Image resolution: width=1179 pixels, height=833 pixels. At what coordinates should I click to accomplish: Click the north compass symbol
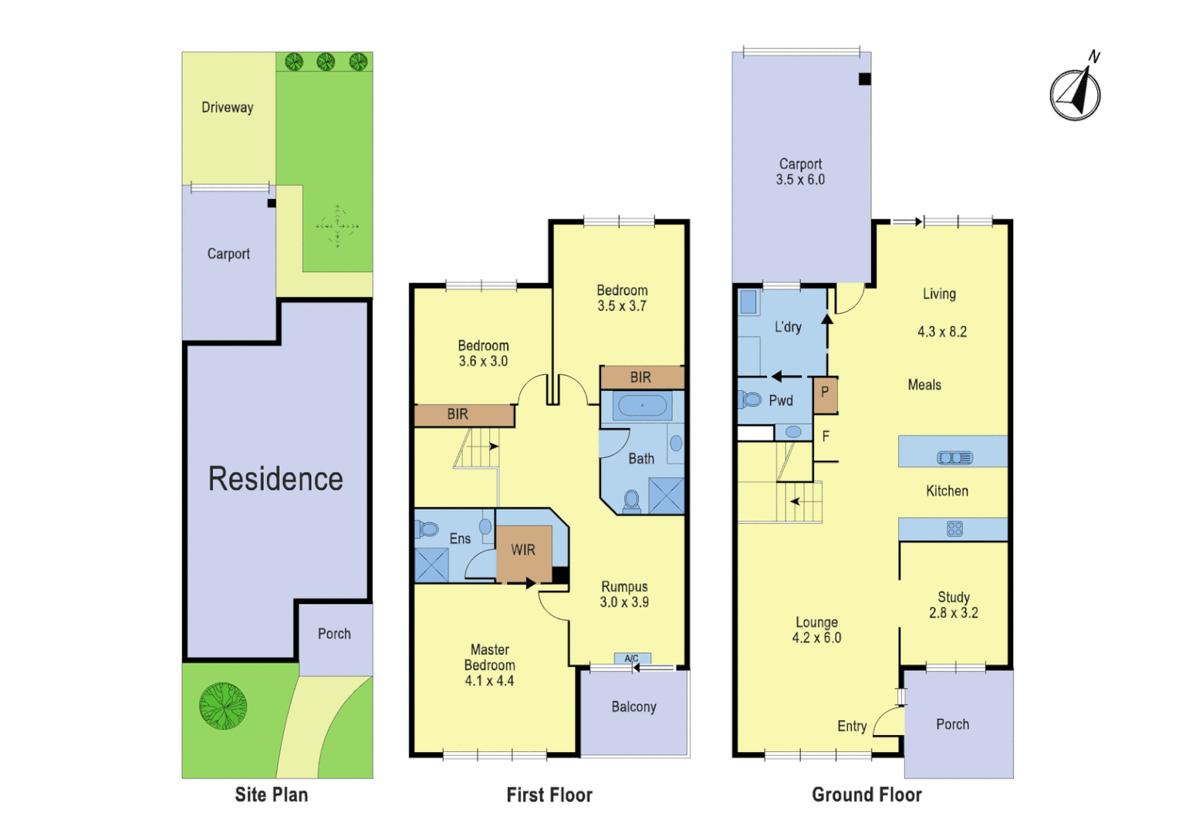pyautogui.click(x=1075, y=93)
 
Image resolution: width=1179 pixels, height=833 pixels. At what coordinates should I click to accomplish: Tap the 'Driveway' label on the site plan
pyautogui.click(x=227, y=107)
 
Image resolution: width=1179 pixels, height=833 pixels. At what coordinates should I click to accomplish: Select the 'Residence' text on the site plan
pyautogui.click(x=275, y=479)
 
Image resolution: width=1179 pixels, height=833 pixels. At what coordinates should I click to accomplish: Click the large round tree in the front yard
pyautogui.click(x=223, y=706)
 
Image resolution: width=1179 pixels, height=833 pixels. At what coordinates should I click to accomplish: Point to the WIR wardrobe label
pyautogui.click(x=522, y=550)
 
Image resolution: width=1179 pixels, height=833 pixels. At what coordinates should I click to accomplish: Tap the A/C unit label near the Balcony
pyautogui.click(x=632, y=659)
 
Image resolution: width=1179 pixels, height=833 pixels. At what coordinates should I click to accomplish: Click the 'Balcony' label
pyautogui.click(x=633, y=707)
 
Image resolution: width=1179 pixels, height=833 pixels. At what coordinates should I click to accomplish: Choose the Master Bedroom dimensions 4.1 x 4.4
pyautogui.click(x=489, y=680)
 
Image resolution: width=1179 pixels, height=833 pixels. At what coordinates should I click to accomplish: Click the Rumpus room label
pyautogui.click(x=624, y=587)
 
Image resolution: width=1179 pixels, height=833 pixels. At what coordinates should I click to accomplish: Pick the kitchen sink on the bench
pyautogui.click(x=954, y=457)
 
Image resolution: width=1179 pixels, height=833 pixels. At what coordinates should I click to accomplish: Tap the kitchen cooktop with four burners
pyautogui.click(x=954, y=528)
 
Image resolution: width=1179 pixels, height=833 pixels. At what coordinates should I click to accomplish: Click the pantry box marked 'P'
pyautogui.click(x=825, y=393)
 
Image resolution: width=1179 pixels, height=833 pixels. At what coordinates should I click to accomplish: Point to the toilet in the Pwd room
pyautogui.click(x=750, y=400)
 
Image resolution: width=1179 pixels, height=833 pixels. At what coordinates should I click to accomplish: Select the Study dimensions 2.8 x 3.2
pyautogui.click(x=953, y=612)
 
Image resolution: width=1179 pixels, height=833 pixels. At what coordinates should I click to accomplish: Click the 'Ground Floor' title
pyautogui.click(x=867, y=794)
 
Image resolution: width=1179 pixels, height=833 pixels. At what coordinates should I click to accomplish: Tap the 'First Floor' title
pyautogui.click(x=549, y=794)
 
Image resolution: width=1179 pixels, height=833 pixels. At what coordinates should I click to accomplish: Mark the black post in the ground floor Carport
pyautogui.click(x=865, y=79)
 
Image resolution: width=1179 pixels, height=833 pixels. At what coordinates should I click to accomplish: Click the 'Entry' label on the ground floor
pyautogui.click(x=852, y=726)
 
